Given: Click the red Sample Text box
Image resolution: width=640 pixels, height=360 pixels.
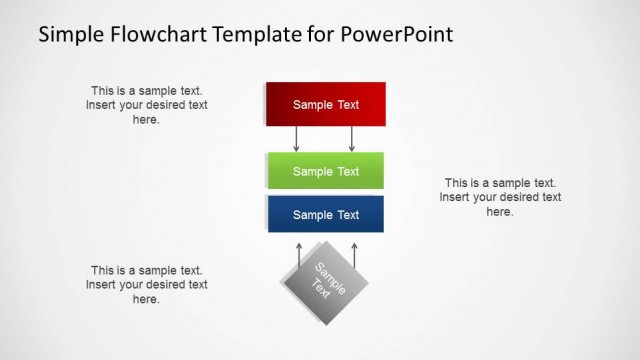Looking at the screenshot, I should click(325, 104).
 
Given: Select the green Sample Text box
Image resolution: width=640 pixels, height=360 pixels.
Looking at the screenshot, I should click(325, 171).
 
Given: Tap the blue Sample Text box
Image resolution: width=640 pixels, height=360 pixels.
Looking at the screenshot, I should click(325, 214).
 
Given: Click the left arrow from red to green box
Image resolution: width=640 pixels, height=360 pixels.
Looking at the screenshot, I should click(297, 139).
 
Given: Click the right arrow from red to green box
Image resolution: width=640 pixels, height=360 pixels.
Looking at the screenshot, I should click(352, 139).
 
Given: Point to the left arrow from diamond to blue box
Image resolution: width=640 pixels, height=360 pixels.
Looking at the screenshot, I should click(298, 253).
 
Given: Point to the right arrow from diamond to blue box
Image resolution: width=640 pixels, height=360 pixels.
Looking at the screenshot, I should click(354, 253).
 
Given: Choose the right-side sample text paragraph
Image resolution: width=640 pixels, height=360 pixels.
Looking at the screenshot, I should click(500, 197).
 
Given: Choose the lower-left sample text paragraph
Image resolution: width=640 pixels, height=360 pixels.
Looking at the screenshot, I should click(147, 284).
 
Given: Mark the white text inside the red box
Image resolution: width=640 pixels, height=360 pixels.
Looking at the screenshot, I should click(325, 104).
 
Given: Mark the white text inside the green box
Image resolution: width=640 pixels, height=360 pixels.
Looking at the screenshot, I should click(325, 171).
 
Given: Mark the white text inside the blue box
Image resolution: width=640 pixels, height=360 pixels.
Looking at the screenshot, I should click(325, 214).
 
